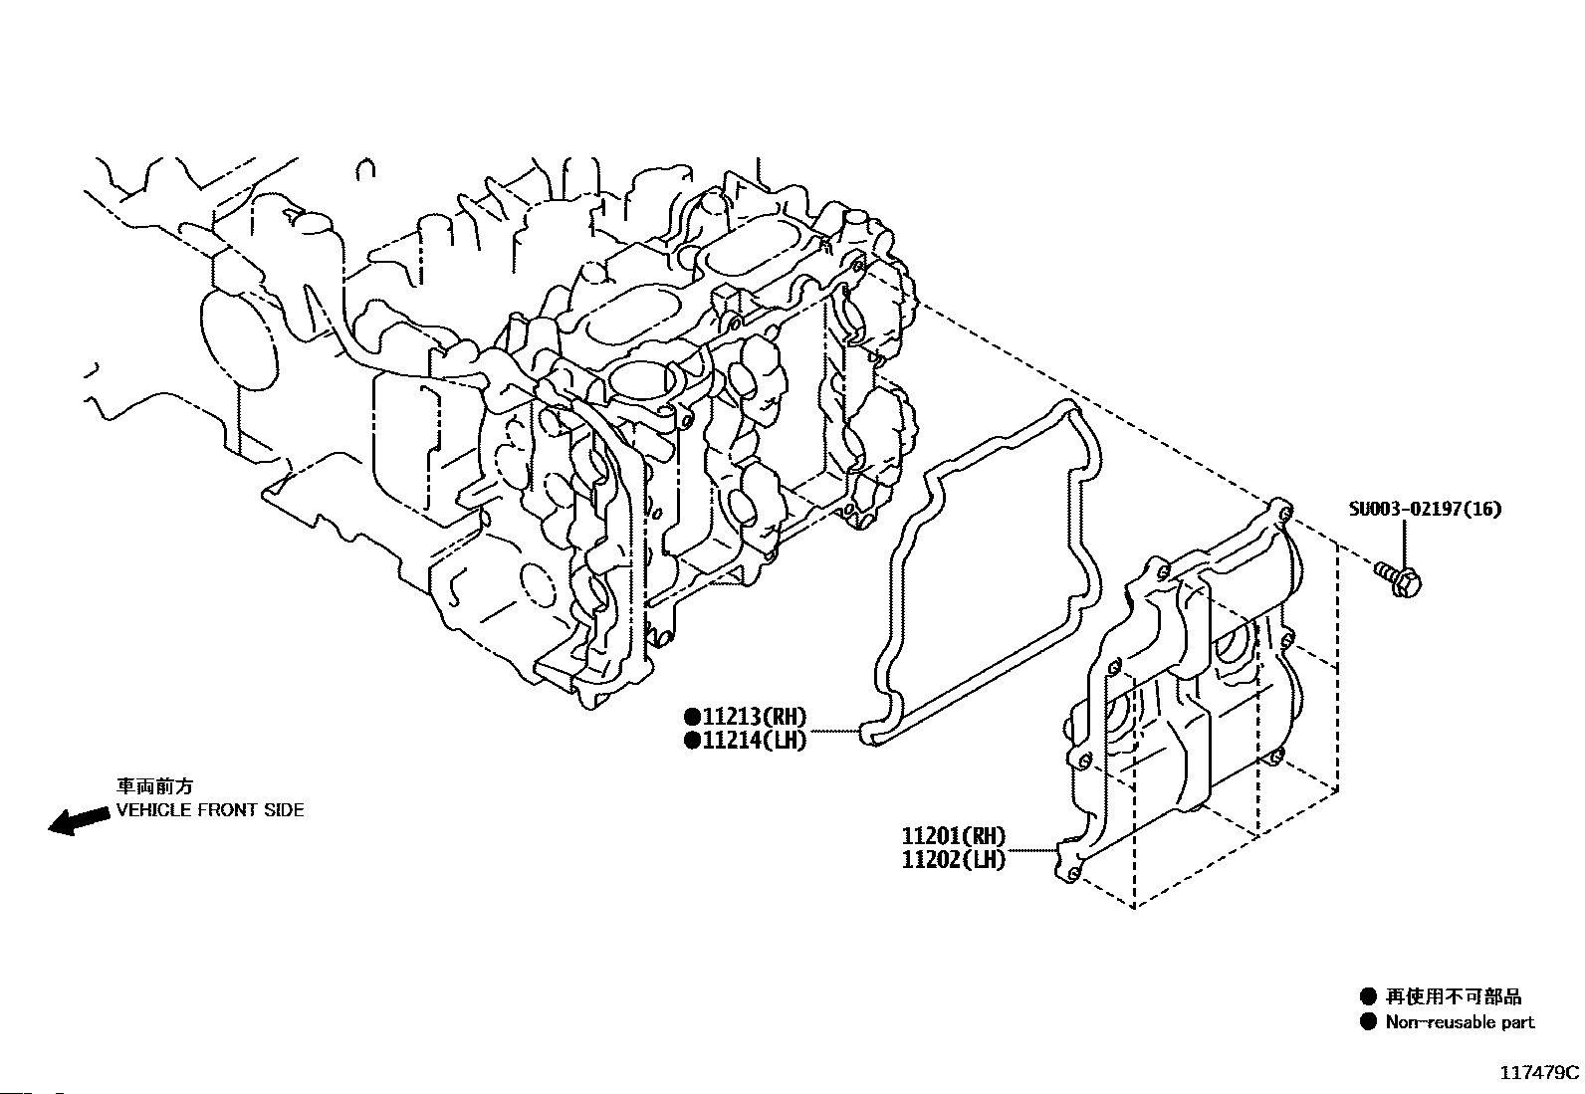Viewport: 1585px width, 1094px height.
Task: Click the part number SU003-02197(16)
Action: tap(1425, 509)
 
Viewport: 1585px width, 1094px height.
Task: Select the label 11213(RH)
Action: tap(755, 717)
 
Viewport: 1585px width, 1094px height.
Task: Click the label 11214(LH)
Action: tap(755, 741)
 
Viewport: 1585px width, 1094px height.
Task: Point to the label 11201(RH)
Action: tap(953, 836)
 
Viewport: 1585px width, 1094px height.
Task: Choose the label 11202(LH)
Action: tap(953, 860)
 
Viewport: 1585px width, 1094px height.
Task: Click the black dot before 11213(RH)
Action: tap(692, 717)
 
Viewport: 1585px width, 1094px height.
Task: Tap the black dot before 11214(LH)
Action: tap(692, 741)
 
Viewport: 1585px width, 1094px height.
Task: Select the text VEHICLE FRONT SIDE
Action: tap(210, 810)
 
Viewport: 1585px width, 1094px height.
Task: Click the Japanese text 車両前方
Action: tap(154, 786)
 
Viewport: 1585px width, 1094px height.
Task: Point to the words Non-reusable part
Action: tap(1460, 1021)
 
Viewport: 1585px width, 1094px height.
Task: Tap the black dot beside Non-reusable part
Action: tap(1369, 1021)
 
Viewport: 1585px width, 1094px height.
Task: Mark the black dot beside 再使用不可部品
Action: tap(1369, 996)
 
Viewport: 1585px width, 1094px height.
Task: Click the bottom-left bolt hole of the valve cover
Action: tap(1072, 874)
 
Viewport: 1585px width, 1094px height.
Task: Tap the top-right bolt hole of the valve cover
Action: tap(1284, 512)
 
